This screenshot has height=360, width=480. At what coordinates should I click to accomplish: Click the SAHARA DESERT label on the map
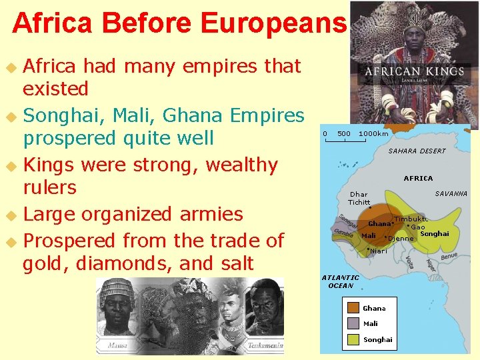[x=417, y=151]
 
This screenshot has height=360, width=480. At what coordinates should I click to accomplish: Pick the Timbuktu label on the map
[x=410, y=219]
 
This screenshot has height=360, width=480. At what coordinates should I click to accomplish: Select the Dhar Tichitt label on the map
[x=359, y=198]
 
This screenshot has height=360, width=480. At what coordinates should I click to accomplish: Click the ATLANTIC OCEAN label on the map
[x=340, y=281]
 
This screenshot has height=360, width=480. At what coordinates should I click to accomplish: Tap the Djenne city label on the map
[x=401, y=238]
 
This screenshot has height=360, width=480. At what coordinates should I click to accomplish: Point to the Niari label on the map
[x=379, y=251]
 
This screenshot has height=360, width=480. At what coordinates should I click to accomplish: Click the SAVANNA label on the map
[x=451, y=194]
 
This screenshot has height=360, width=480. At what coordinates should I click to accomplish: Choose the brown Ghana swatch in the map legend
[x=353, y=308]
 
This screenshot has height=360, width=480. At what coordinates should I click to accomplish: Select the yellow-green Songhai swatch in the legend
[x=353, y=339]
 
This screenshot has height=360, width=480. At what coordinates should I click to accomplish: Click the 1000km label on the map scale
[x=373, y=134]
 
